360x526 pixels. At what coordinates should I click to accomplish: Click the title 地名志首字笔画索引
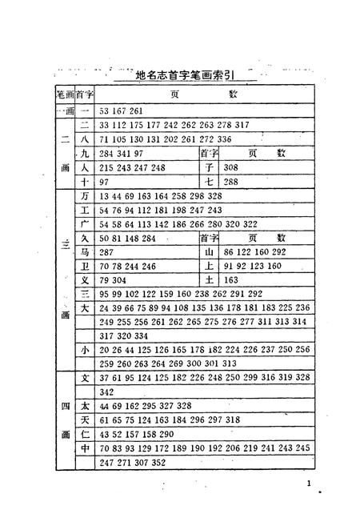click(x=185, y=76)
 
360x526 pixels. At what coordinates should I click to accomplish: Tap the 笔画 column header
click(x=64, y=94)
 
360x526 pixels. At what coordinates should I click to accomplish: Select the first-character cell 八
click(x=84, y=138)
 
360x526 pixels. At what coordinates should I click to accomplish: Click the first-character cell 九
click(x=84, y=153)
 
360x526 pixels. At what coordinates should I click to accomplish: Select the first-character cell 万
click(x=84, y=196)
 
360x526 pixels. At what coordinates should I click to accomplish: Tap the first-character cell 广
click(x=84, y=224)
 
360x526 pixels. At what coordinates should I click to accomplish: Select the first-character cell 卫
click(x=84, y=267)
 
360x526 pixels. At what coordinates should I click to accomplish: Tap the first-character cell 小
click(x=84, y=350)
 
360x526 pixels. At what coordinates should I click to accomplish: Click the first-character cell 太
click(x=84, y=406)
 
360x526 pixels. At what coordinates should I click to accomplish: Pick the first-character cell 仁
click(x=84, y=434)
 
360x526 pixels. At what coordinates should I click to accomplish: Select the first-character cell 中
click(x=84, y=448)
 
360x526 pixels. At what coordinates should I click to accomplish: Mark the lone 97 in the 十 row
click(x=105, y=183)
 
